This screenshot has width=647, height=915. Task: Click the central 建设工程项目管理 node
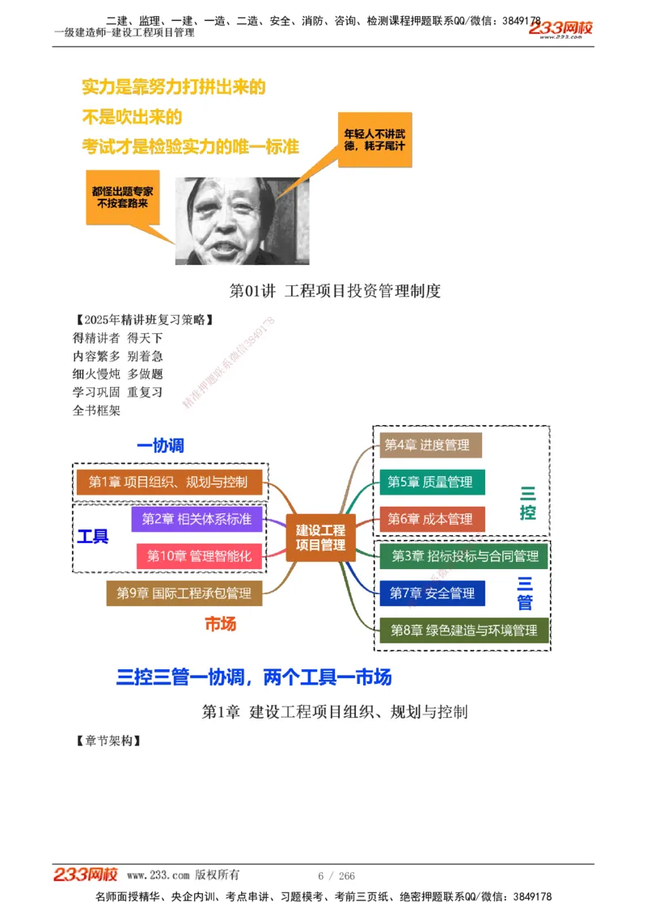pyautogui.click(x=320, y=538)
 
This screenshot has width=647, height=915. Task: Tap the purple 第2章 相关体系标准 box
pyautogui.click(x=197, y=519)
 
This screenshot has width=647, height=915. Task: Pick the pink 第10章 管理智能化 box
pyautogui.click(x=199, y=556)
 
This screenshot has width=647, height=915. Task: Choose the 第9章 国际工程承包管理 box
pyautogui.click(x=184, y=593)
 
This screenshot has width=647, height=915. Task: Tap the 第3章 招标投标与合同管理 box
pyautogui.click(x=465, y=556)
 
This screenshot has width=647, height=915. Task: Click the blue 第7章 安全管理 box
pyautogui.click(x=432, y=593)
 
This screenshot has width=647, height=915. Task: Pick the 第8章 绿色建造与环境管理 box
pyautogui.click(x=464, y=630)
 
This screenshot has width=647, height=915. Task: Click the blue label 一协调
pyautogui.click(x=161, y=445)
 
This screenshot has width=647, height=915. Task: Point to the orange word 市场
pyautogui.click(x=220, y=624)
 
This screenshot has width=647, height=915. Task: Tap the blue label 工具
pyautogui.click(x=92, y=537)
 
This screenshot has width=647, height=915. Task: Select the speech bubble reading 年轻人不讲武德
pyautogui.click(x=374, y=140)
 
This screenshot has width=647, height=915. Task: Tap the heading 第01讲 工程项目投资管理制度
pyautogui.click(x=335, y=291)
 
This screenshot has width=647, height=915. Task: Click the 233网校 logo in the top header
pyautogui.click(x=560, y=29)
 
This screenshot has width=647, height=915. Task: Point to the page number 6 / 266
pyautogui.click(x=336, y=876)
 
